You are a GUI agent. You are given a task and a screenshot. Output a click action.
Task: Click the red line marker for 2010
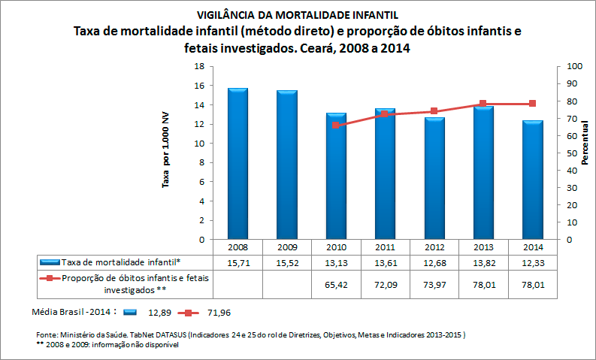335,125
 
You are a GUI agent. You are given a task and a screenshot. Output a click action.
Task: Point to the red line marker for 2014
532,104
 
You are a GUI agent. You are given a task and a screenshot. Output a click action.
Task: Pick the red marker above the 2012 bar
434,111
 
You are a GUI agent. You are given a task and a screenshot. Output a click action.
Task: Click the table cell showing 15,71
237,262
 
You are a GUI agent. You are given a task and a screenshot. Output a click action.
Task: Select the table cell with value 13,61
385,262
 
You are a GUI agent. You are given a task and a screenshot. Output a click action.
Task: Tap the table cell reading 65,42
335,285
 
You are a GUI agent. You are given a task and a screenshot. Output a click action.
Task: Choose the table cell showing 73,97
434,285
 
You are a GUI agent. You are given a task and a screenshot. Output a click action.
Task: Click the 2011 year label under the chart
385,247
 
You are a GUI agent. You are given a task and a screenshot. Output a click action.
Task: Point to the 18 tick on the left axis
200,66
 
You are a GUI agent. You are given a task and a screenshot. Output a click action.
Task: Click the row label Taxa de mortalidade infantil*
121,262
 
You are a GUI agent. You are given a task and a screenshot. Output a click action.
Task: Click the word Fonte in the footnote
47,334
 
